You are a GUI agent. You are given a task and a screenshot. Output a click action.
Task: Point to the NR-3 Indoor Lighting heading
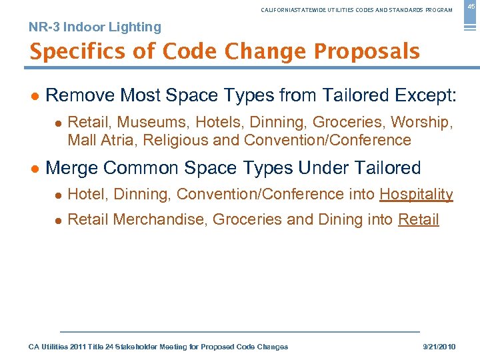[x=95, y=27]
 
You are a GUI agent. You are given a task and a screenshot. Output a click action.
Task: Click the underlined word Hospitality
[x=416, y=195]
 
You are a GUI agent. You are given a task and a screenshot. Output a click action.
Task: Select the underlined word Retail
[x=418, y=220]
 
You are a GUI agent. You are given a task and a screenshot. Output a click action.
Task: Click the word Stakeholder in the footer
[x=145, y=347]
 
